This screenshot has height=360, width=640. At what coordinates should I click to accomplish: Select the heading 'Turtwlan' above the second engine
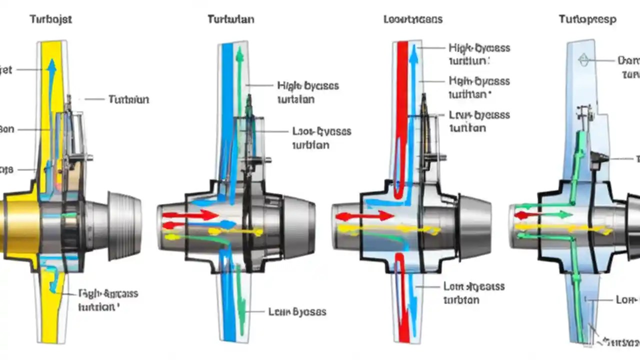[230, 19]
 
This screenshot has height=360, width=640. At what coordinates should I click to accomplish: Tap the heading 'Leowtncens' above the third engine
[412, 19]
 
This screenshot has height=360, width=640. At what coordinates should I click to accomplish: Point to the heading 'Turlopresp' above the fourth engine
[587, 19]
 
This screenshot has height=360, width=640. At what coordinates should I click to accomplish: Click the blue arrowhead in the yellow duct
[51, 65]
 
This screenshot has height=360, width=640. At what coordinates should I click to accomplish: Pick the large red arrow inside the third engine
[364, 216]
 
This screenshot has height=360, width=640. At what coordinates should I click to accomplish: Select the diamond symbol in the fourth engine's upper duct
[583, 60]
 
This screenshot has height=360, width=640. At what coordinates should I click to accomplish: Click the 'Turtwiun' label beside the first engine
[128, 99]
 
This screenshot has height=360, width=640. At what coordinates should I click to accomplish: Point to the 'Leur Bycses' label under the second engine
[297, 312]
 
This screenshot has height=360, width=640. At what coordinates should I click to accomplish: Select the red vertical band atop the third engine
[401, 100]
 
